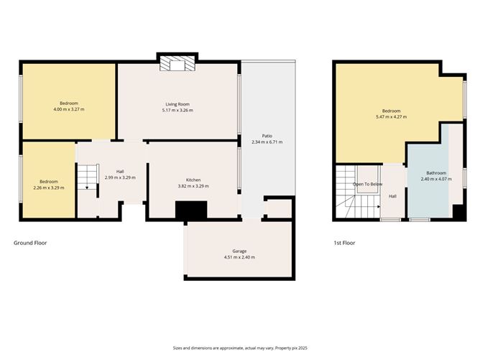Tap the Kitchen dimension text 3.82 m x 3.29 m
pos(193,186)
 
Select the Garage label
pos(239,251)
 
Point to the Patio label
pos(267,135)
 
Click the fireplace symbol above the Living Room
pos(177,65)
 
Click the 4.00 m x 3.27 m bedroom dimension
pos(68,109)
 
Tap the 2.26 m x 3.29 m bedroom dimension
pos(49,188)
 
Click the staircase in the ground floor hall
pos(86,177)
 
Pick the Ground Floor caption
pos(30,243)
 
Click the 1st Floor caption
pos(343,243)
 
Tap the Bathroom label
pos(436,172)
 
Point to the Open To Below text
pos(367,184)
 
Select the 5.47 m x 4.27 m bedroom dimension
pos(391,116)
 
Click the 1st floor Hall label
pos(393,195)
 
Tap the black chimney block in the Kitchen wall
pos(191,209)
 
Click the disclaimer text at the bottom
pos(239,348)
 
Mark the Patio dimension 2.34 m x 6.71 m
pos(267,142)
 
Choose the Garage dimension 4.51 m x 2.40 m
pos(239,257)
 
